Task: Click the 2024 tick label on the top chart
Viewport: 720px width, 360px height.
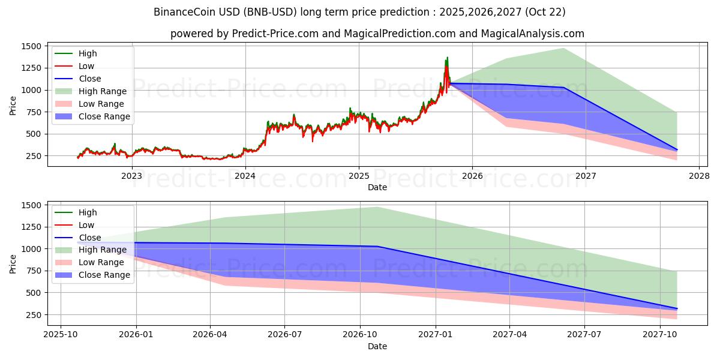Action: [x=245, y=176]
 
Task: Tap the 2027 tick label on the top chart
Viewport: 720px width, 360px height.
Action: [x=586, y=176]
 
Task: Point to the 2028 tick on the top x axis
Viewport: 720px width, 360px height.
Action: [x=699, y=176]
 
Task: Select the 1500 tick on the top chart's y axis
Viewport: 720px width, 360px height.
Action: [x=31, y=46]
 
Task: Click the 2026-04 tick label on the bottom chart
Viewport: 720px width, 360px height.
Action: [x=209, y=335]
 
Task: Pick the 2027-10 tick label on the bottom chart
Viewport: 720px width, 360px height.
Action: [x=660, y=335]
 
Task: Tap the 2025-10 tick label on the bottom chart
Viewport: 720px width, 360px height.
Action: [x=61, y=335]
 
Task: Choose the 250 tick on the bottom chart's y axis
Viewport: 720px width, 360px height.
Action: [x=33, y=314]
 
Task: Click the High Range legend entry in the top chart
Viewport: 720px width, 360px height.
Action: [x=103, y=91]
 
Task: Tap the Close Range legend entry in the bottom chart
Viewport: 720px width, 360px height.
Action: [x=104, y=275]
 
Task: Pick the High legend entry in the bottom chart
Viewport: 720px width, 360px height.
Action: [x=88, y=212]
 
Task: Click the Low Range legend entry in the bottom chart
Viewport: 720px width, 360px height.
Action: [x=102, y=262]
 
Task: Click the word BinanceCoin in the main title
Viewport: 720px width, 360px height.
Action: [x=182, y=12]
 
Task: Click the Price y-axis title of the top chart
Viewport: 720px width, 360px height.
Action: [x=13, y=106]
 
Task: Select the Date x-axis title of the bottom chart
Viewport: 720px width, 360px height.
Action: [x=377, y=346]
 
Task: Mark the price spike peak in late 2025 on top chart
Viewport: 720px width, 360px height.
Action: [x=447, y=58]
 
